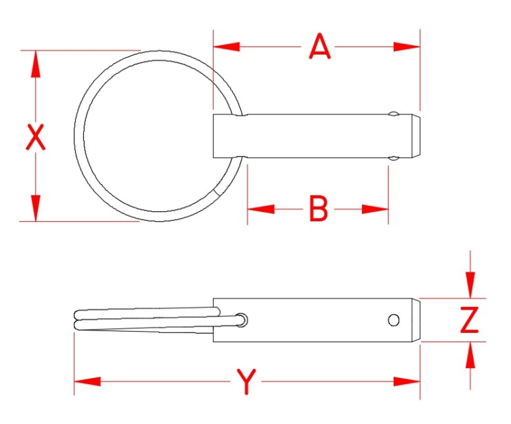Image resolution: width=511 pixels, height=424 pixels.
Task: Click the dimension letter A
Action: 320,47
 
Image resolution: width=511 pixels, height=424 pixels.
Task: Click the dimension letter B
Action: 319,209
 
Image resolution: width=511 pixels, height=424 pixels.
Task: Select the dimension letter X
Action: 35,138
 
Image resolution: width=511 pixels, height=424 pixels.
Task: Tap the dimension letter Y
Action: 247,382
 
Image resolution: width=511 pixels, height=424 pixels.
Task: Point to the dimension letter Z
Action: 470,320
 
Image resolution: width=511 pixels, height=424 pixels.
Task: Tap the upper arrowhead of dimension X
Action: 35,64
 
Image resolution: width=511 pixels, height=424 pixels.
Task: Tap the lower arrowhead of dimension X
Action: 35,207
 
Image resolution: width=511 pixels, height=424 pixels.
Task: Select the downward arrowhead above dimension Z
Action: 470,285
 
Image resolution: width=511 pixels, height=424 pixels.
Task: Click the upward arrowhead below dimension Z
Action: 470,356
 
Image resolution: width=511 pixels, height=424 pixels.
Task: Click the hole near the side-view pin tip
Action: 394,320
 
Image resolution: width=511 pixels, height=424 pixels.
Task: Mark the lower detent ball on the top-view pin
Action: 395,158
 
